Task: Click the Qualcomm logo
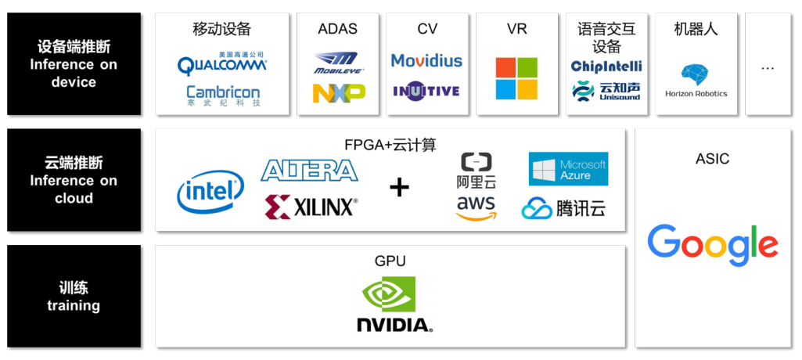tap(222, 63)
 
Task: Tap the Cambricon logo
tap(223, 95)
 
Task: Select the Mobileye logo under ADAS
tap(336, 63)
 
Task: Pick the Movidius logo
tap(426, 60)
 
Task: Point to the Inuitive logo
tap(426, 92)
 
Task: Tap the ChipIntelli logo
tap(606, 67)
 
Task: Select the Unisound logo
tap(606, 91)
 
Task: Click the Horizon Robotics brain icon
tap(696, 76)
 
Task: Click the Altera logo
tap(309, 170)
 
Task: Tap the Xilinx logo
tap(311, 207)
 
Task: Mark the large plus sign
tap(400, 188)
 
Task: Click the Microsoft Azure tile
tap(568, 168)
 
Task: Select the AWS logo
tap(477, 208)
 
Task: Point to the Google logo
tap(713, 244)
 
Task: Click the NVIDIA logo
tap(391, 305)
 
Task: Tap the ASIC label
tap(712, 159)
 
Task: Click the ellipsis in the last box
tap(768, 68)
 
